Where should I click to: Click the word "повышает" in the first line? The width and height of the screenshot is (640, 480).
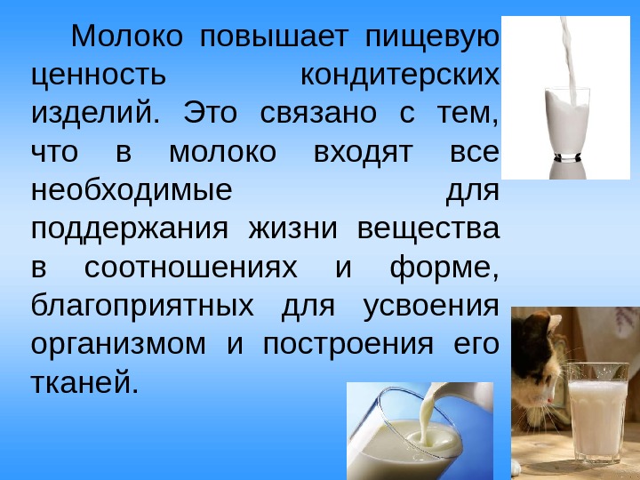[274, 37]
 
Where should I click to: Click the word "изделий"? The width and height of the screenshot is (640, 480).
[95, 114]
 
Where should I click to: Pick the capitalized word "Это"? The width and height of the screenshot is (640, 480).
[210, 113]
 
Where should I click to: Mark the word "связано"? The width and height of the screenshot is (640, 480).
[318, 114]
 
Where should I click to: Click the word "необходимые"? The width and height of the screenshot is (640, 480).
[132, 190]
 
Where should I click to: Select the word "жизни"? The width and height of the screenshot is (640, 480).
[293, 228]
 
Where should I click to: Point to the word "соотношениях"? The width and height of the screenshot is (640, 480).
[191, 268]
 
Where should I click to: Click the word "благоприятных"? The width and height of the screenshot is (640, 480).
[142, 307]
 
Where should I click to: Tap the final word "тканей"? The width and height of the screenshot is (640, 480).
[84, 382]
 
